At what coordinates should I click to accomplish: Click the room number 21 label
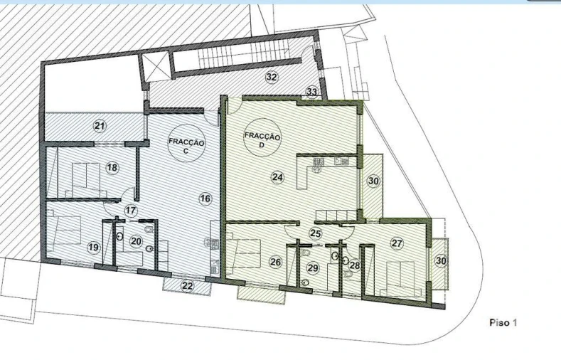pyautogui.click(x=100, y=126)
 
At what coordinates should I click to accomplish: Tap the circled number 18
pyautogui.click(x=112, y=167)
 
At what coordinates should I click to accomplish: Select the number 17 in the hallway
pyautogui.click(x=130, y=211)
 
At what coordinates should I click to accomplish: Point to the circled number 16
pyautogui.click(x=205, y=198)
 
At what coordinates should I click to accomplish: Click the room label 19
pyautogui.click(x=93, y=247)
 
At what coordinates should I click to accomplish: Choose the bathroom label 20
pyautogui.click(x=137, y=241)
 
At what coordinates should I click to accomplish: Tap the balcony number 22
pyautogui.click(x=187, y=286)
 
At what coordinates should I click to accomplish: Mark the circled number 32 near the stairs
pyautogui.click(x=271, y=77)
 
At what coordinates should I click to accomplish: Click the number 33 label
pyautogui.click(x=311, y=92)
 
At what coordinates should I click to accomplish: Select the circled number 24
pyautogui.click(x=277, y=176)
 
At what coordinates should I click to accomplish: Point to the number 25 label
pyautogui.click(x=315, y=233)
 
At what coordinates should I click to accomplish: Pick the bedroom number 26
pyautogui.click(x=276, y=262)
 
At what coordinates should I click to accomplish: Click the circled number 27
pyautogui.click(x=397, y=243)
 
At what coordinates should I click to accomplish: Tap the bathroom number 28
pyautogui.click(x=354, y=265)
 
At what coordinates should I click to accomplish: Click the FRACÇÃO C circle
pyautogui.click(x=187, y=147)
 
